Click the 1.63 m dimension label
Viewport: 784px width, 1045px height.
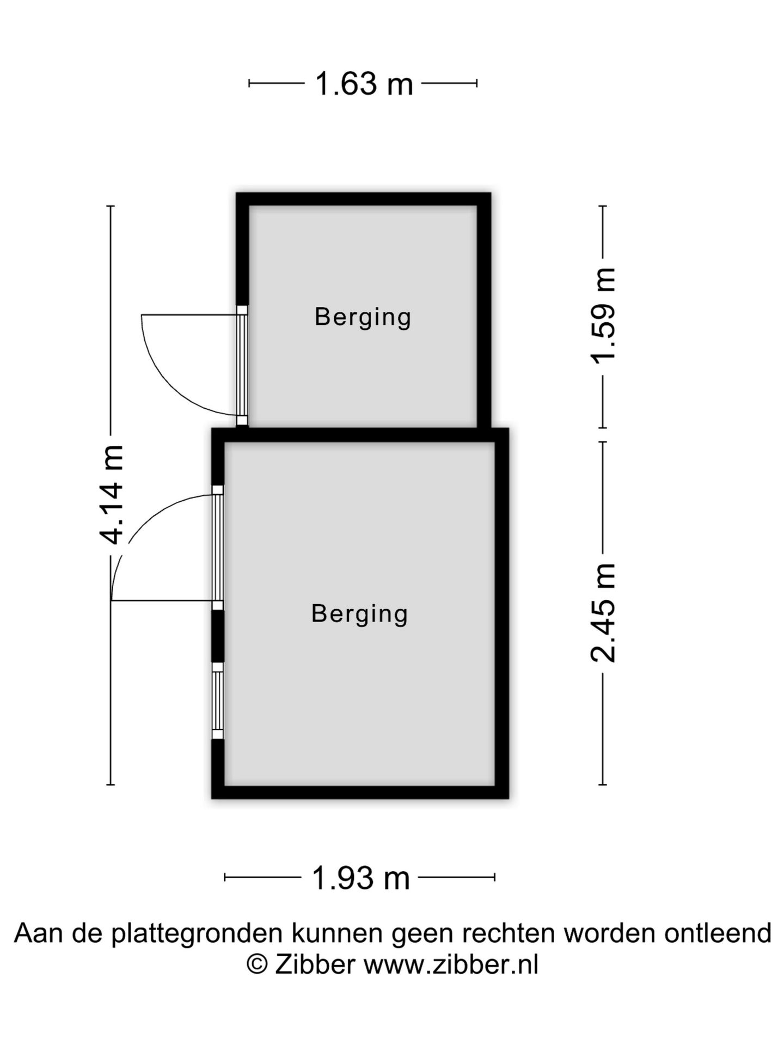click(x=364, y=84)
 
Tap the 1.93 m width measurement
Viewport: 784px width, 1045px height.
click(x=360, y=878)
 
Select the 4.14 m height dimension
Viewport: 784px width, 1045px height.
click(x=112, y=495)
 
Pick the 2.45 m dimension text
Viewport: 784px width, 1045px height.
click(x=603, y=612)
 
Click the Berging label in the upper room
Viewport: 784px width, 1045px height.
click(x=363, y=317)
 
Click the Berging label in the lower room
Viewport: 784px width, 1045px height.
click(x=359, y=614)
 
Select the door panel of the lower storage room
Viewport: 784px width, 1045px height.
click(x=218, y=548)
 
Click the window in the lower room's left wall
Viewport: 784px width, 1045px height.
click(x=218, y=700)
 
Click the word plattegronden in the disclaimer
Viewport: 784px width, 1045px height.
click(x=197, y=934)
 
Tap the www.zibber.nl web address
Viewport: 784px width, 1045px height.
click(x=451, y=965)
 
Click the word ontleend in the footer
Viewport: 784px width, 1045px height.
click(x=718, y=933)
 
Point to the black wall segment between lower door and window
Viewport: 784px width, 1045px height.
click(x=218, y=636)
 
